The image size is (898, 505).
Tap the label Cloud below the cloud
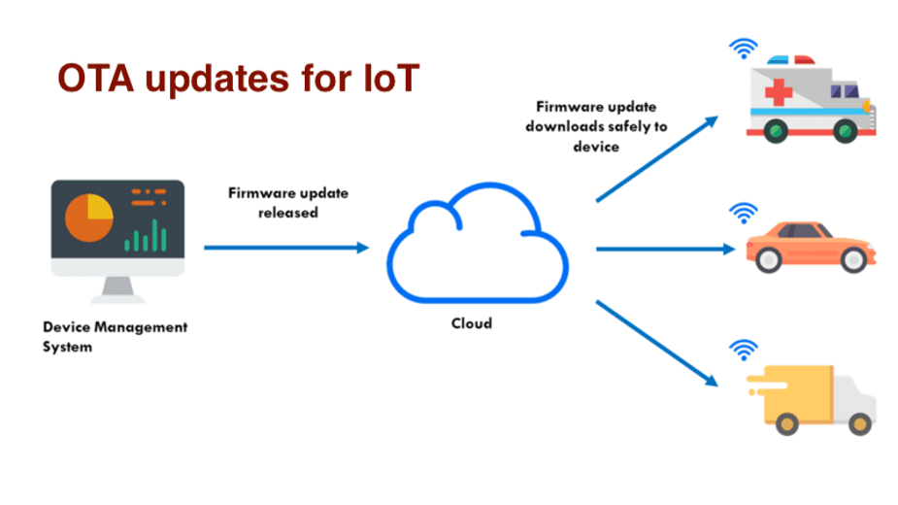472,323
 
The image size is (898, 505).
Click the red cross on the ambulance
779,91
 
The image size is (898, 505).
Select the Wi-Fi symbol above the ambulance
744,50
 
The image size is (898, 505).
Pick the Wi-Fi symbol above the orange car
744,214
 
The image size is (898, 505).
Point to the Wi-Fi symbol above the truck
744,351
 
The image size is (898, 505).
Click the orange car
811,247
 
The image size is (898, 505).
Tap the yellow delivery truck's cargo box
798,395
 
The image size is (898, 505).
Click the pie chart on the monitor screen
88,218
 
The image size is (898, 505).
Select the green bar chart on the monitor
146,236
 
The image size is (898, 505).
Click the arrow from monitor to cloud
286,248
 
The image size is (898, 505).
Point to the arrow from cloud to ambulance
657,158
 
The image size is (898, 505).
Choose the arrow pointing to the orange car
665,250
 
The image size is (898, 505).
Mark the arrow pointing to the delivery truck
657,344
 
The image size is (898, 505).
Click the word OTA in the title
96,79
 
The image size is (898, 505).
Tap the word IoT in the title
392,79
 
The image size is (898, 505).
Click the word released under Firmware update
288,213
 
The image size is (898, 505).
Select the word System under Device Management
67,348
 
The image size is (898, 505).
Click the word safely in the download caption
628,126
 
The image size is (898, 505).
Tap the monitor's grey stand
118,288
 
